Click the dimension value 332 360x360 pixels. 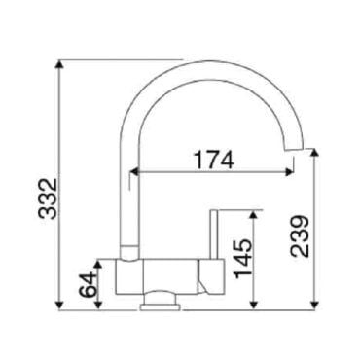pyautogui.click(x=48, y=198)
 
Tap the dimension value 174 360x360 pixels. pyautogui.click(x=213, y=160)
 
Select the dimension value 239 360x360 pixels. pyautogui.click(x=300, y=236)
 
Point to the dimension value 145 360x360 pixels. pyautogui.click(x=243, y=259)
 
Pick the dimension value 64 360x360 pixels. pyautogui.click(x=89, y=285)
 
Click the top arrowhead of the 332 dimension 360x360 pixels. pyautogui.click(x=58, y=64)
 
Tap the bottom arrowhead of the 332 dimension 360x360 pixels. pyautogui.click(x=58, y=306)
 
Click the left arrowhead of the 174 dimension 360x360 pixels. pyautogui.click(x=134, y=172)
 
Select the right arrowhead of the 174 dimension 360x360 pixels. pyautogui.click(x=289, y=172)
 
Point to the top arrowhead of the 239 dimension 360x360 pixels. pyautogui.click(x=314, y=154)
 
